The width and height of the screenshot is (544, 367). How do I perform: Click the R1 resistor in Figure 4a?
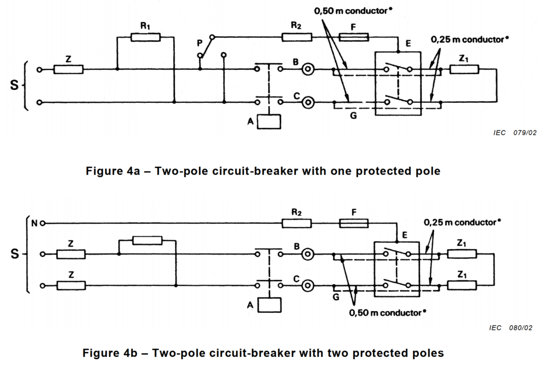146,37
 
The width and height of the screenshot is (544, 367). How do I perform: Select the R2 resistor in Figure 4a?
296,37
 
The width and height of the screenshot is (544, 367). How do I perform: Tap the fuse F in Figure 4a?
353,37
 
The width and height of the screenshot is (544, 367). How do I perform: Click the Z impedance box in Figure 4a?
69,69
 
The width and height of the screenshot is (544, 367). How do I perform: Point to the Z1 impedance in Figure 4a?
464,69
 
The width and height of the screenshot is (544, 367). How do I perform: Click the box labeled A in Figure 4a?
269,121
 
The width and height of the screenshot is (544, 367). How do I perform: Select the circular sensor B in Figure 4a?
308,69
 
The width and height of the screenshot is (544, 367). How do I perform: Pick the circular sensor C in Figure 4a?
308,102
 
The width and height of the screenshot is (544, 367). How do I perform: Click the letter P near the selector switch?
200,43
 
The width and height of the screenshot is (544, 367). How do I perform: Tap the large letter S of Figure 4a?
14,85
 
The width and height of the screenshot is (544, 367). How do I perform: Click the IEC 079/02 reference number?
515,133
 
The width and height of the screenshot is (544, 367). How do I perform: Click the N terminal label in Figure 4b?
34,223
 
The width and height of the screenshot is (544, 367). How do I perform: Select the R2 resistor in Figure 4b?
296,223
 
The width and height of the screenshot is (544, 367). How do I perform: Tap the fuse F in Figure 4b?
353,223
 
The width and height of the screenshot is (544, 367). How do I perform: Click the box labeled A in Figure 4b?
269,305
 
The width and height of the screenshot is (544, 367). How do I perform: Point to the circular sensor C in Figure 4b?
308,286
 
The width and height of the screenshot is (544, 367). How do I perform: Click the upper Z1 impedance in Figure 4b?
462,254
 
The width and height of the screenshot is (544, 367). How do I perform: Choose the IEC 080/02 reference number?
511,328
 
